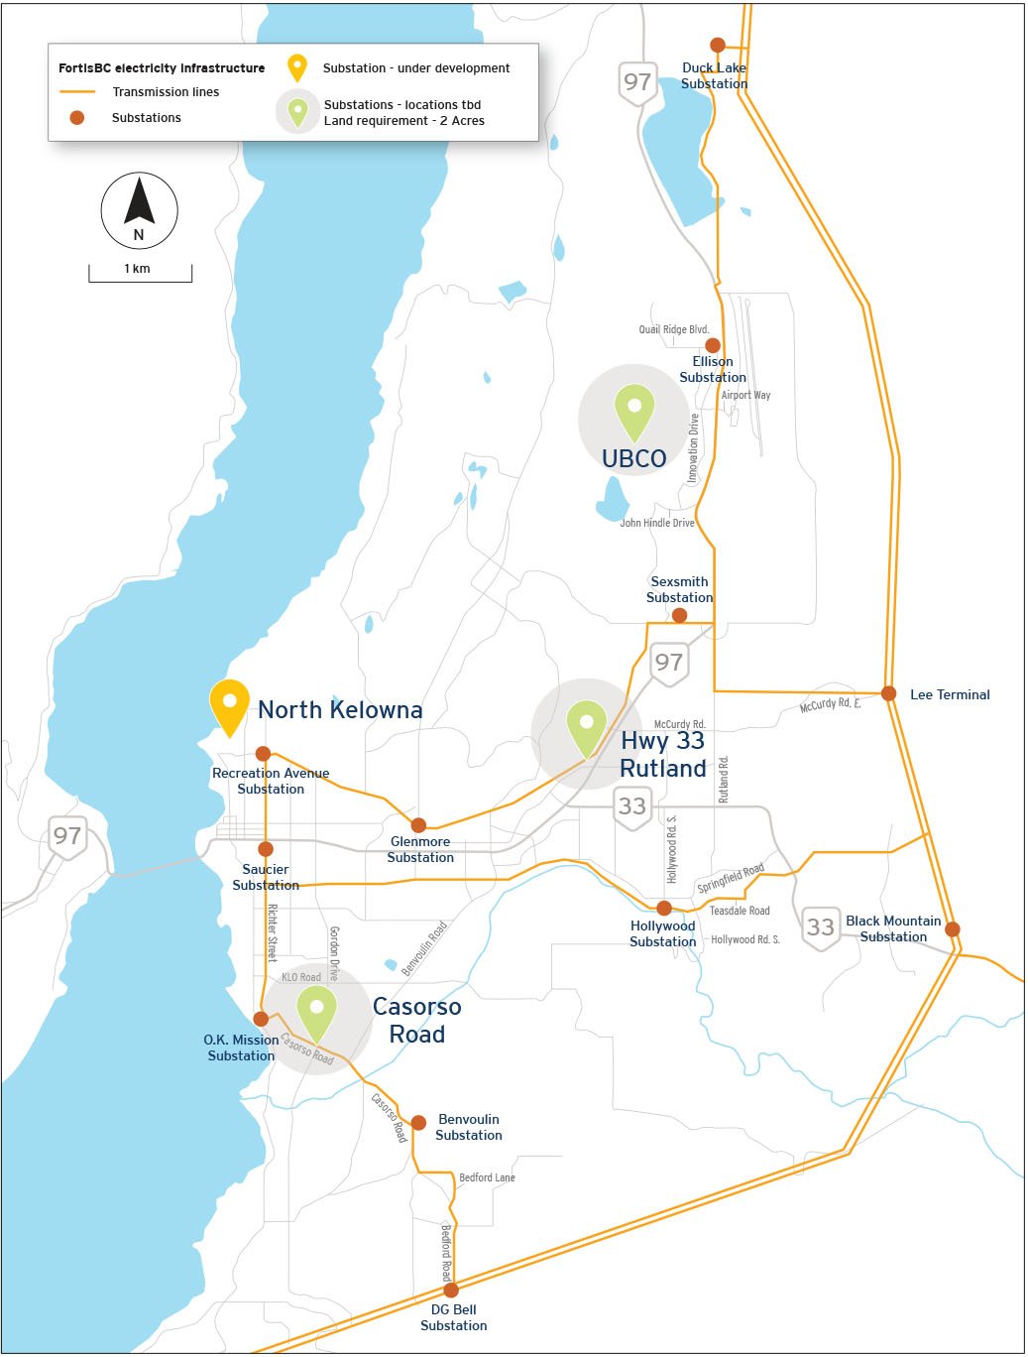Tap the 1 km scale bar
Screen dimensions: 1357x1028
[x=140, y=274]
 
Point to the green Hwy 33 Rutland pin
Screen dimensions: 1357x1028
[x=586, y=727]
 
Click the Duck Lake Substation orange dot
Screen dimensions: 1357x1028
[x=718, y=45]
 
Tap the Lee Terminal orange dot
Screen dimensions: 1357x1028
[x=889, y=693]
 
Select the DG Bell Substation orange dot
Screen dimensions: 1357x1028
[x=451, y=1291]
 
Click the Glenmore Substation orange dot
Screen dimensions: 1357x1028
[x=418, y=825]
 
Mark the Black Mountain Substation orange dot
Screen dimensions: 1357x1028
[x=953, y=929]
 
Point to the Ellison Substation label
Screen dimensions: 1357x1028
[x=713, y=369]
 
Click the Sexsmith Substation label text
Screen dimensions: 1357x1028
[x=679, y=589]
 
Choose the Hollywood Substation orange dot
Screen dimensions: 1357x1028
[x=664, y=908]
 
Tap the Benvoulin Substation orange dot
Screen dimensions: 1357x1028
[x=418, y=1123]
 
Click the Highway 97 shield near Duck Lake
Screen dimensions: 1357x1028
[x=637, y=82]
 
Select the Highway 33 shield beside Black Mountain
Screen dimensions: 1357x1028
[x=820, y=927]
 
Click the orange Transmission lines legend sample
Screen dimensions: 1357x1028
[x=77, y=92]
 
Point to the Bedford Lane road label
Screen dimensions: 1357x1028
[x=487, y=1177]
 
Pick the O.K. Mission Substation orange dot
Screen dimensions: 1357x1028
[x=261, y=1019]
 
